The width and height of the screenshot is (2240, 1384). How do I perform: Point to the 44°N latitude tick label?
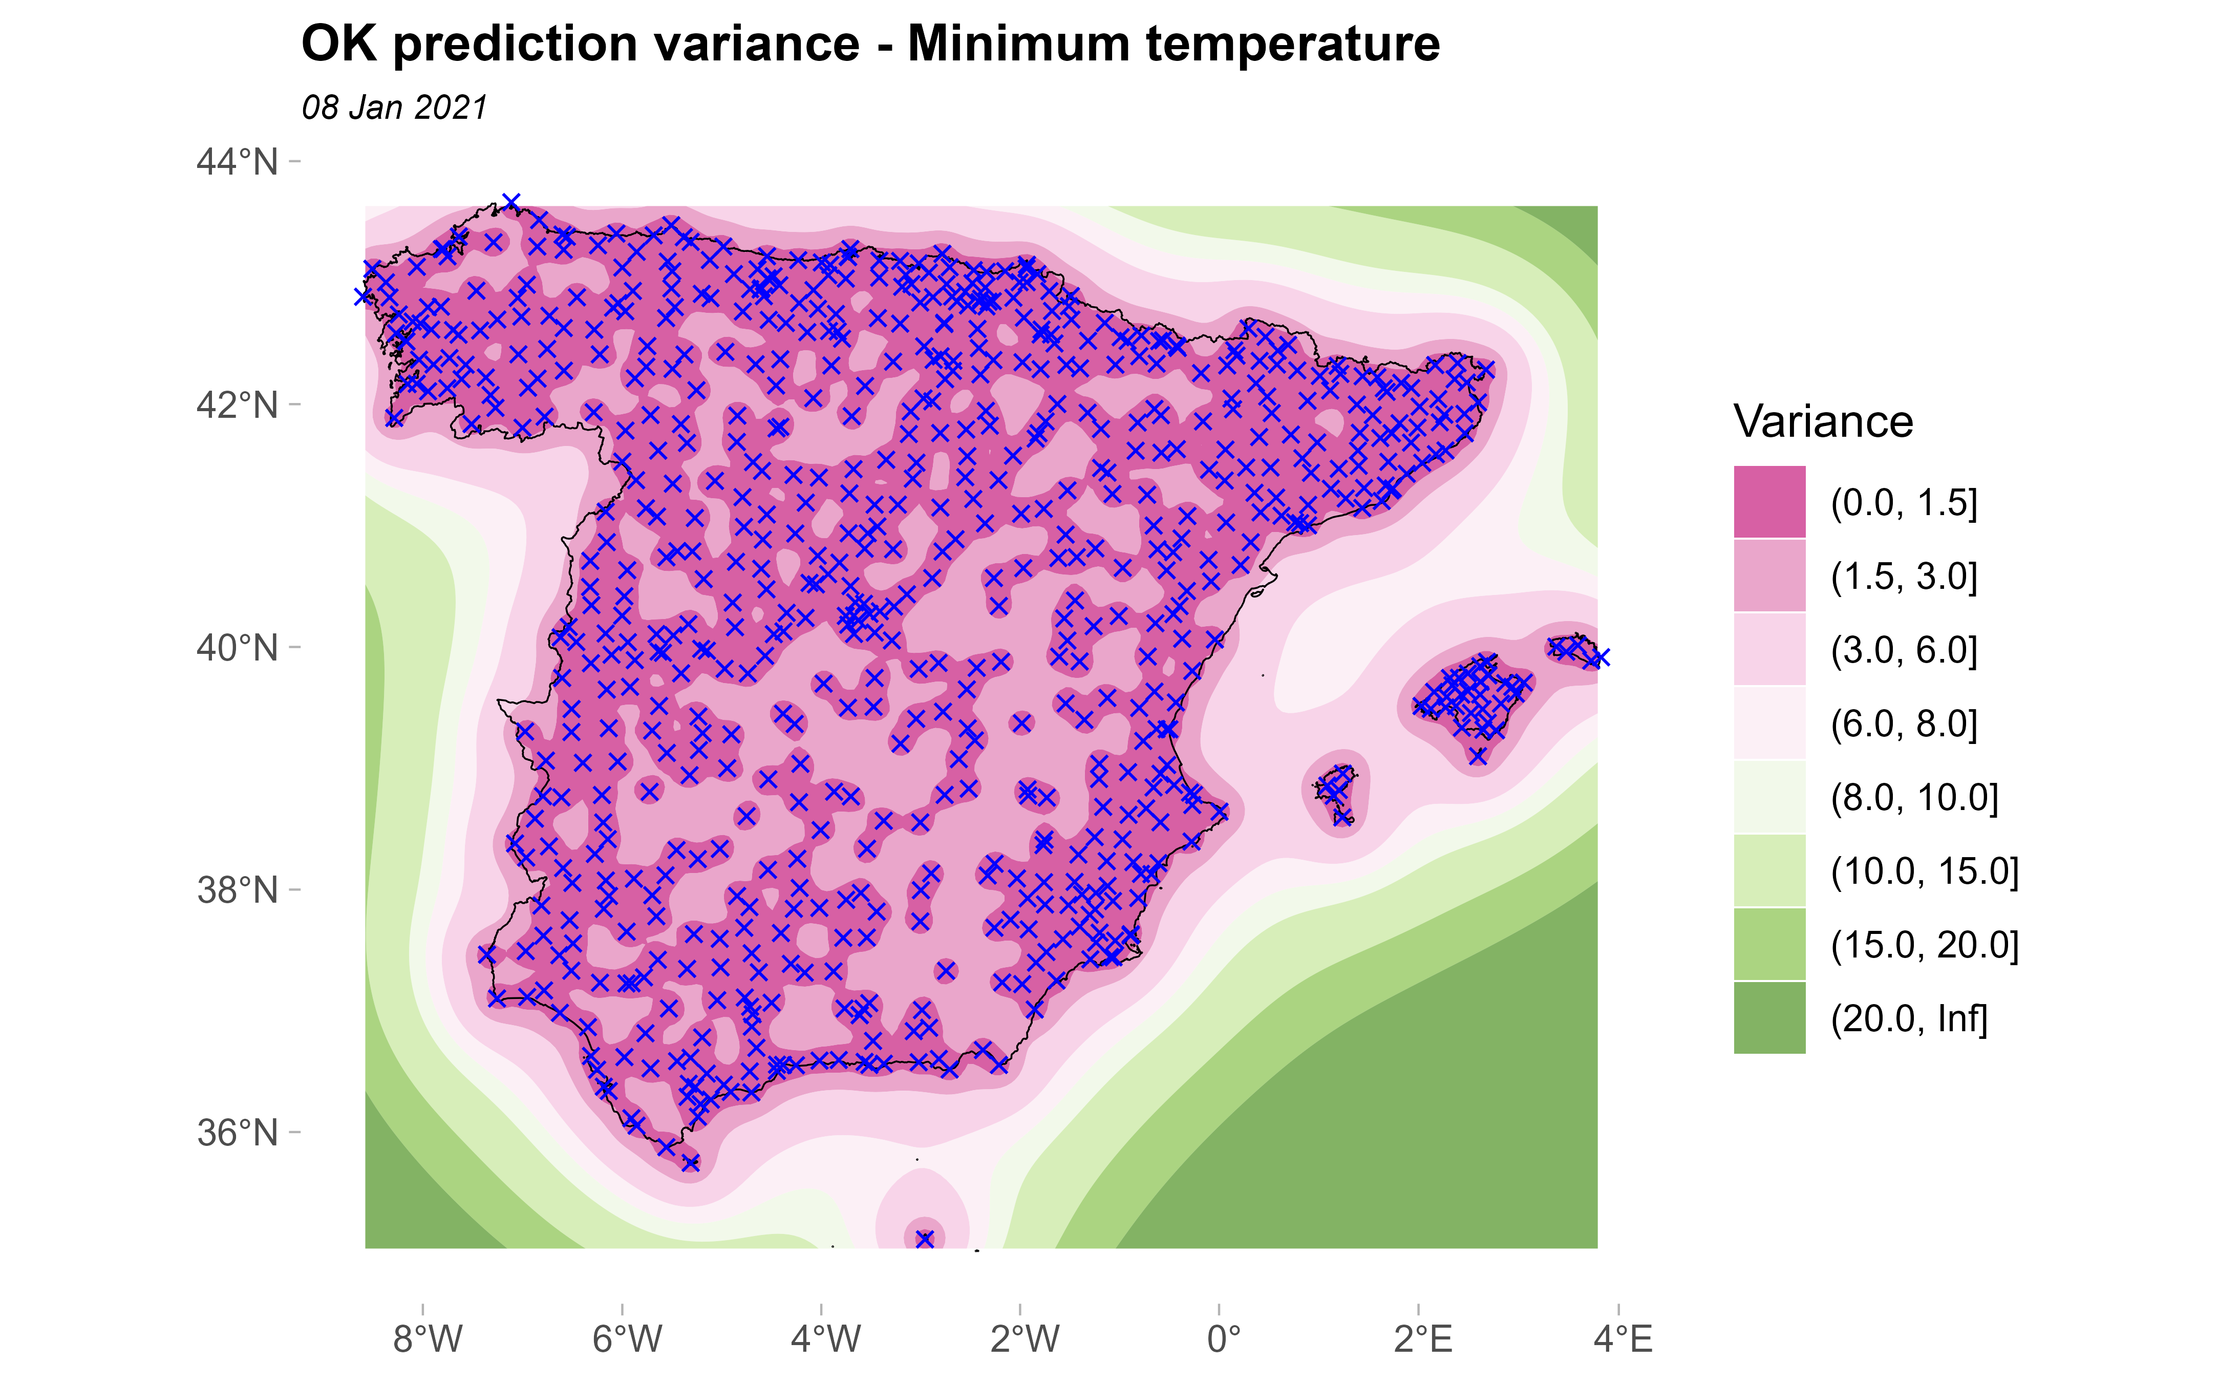click(x=237, y=162)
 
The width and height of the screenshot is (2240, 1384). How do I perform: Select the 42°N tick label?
click(x=237, y=404)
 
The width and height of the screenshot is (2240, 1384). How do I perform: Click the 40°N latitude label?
click(x=237, y=647)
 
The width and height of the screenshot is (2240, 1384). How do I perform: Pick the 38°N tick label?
click(x=237, y=890)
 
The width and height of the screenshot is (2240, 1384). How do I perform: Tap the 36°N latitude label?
click(x=237, y=1132)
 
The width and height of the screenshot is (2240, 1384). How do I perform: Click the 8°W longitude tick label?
click(x=428, y=1339)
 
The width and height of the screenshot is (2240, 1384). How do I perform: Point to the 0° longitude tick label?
click(x=1223, y=1339)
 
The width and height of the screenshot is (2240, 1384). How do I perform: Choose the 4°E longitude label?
click(x=1623, y=1339)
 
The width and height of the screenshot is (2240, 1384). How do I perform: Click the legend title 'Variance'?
click(x=1823, y=422)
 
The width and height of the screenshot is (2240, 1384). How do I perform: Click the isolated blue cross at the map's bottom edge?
click(x=924, y=1239)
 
